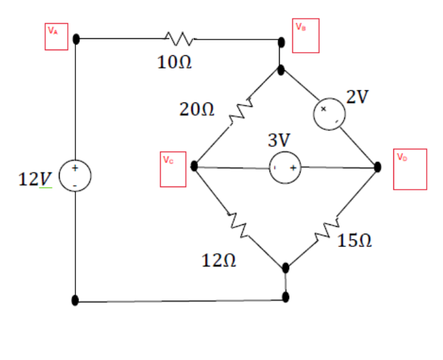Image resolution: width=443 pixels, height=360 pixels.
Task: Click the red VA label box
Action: (56, 37)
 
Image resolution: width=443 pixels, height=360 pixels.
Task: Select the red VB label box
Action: (307, 35)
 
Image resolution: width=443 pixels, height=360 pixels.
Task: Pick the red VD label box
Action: (410, 169)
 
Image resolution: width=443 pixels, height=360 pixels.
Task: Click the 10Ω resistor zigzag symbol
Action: (178, 39)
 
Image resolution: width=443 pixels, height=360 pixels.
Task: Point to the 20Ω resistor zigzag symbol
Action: (240, 112)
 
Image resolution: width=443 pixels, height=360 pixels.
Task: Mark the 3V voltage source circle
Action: (285, 168)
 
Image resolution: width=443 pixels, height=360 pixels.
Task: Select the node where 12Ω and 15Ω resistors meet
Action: (286, 268)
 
